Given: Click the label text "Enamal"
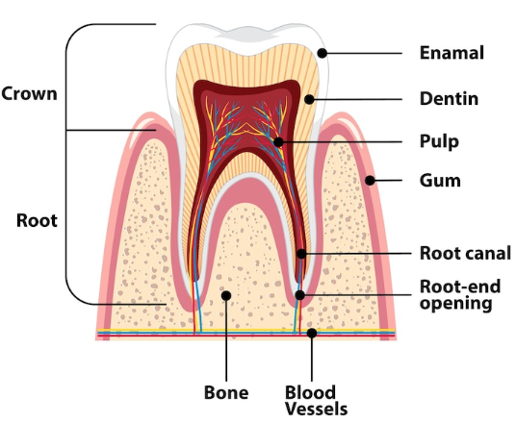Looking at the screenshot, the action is point(451,53).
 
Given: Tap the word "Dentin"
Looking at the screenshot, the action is point(449,99).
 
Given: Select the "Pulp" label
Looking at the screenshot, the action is point(439,142).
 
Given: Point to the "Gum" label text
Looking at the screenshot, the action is point(440,181).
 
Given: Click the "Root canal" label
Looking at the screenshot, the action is point(465,253).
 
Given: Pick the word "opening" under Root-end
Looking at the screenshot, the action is point(455,304).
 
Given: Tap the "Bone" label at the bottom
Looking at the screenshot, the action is point(226,392).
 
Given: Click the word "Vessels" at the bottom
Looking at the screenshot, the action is point(317,409).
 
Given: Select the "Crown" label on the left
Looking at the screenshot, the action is point(29,93).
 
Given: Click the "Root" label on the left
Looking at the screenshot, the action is point(37,220).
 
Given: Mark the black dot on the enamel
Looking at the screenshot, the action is point(322,53).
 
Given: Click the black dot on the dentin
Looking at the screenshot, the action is point(309,99).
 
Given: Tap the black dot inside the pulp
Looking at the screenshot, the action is point(278,142).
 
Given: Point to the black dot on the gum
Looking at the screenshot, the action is point(370,180).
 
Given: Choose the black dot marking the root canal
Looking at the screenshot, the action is point(301,254).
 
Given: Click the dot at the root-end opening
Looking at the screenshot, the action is point(299,295).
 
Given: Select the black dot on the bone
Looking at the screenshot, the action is point(226,295).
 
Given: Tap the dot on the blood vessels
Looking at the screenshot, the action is point(312,333).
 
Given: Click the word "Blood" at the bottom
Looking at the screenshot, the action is point(310,392).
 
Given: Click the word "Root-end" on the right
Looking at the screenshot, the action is point(460,287).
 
